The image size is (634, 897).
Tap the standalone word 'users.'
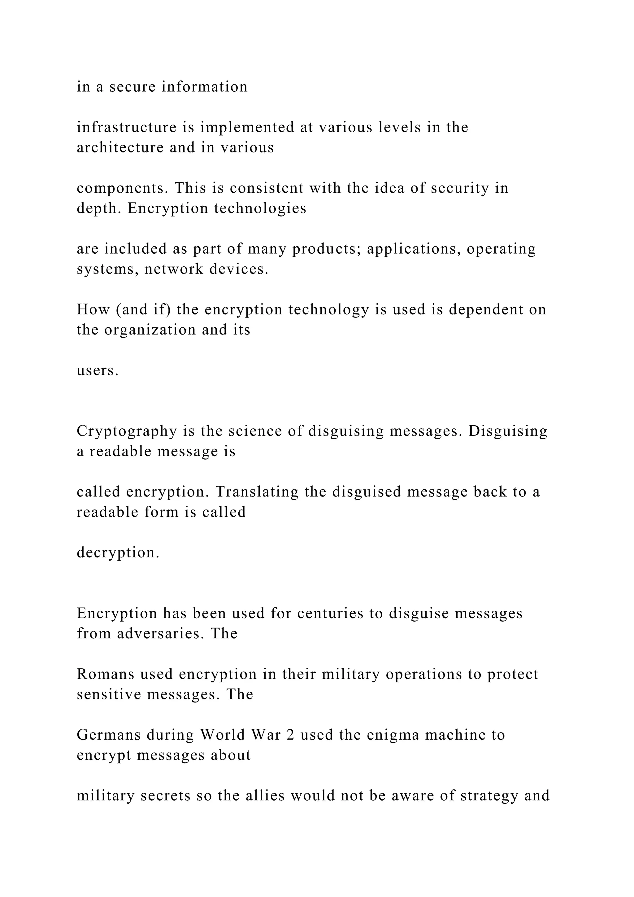pos(98,370)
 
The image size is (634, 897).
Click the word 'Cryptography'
pos(127,431)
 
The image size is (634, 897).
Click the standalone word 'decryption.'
pos(118,553)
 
